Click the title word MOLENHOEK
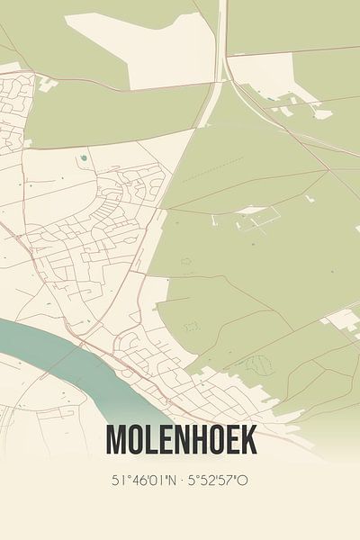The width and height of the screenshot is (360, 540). point(181,440)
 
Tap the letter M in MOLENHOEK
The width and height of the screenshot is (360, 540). point(115,440)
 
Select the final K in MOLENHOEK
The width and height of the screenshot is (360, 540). point(248,440)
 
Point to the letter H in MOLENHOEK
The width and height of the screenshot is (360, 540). point(192,440)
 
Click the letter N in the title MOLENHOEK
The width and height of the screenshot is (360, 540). point(175,440)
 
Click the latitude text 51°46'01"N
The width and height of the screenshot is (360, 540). point(142,481)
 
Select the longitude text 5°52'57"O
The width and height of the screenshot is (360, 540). point(217,481)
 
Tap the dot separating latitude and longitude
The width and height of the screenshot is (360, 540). point(180,481)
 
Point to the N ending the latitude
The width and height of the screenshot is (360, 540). point(170,481)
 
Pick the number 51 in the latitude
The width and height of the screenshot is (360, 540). point(118,481)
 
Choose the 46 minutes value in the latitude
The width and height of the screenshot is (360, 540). point(135,481)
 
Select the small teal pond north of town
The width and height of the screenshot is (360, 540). point(83,158)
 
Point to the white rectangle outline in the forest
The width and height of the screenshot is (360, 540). point(252,216)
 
